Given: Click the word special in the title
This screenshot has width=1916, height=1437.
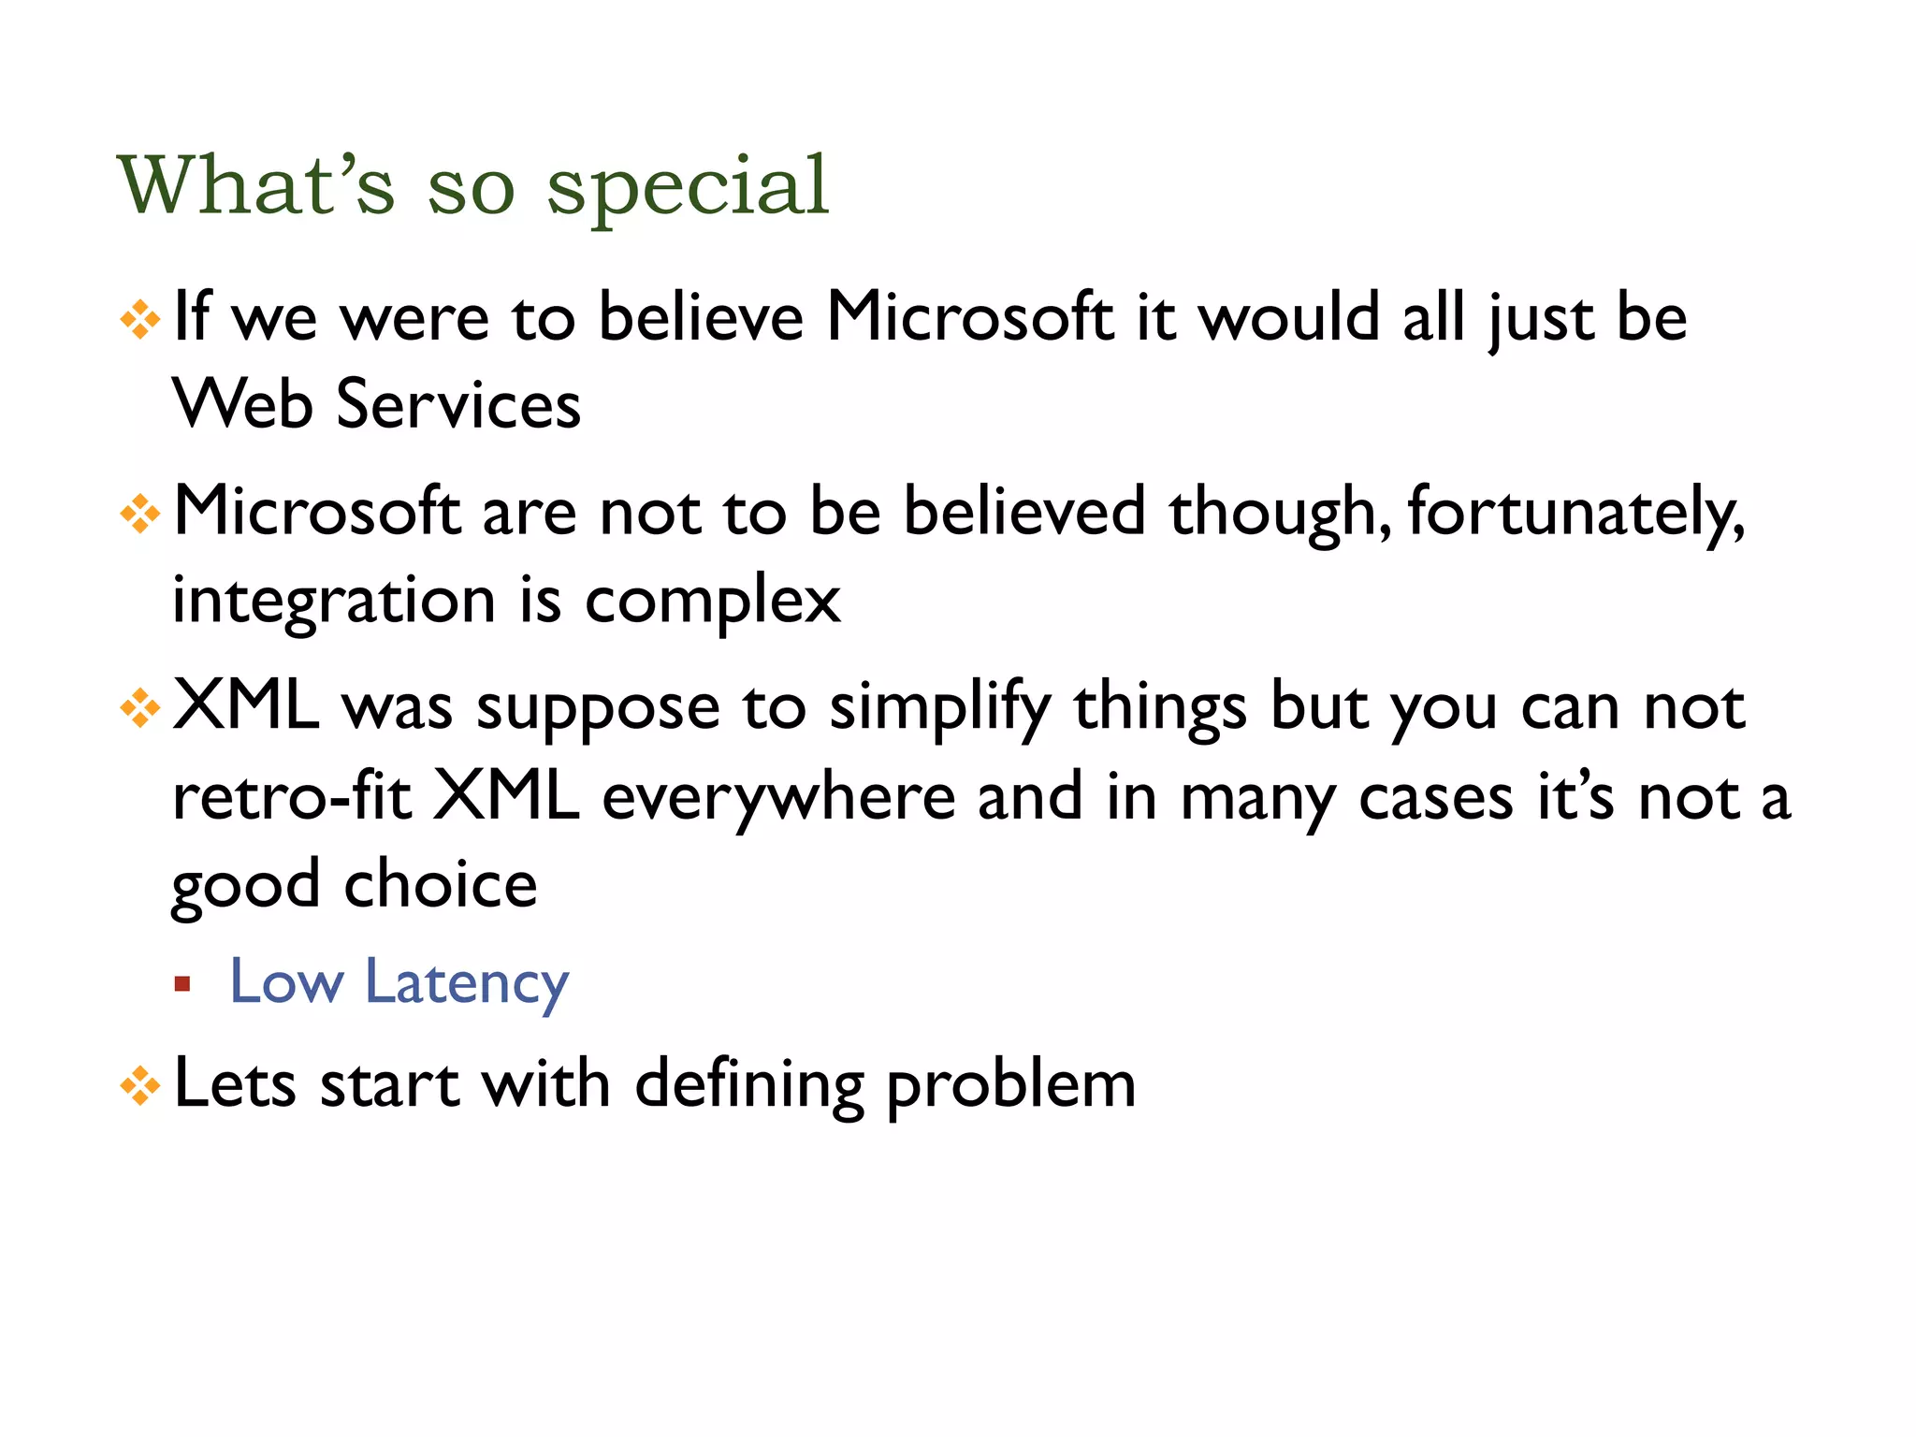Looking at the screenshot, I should [x=688, y=187].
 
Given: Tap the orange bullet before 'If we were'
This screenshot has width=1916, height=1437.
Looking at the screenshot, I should [x=140, y=320].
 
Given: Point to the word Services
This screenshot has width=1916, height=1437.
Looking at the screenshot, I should [x=458, y=404].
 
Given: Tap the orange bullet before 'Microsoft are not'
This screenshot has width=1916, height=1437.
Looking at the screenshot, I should [x=140, y=514].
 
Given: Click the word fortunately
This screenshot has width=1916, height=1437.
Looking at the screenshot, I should [x=1575, y=514].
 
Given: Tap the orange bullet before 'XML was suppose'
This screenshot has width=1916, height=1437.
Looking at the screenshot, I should [x=140, y=708].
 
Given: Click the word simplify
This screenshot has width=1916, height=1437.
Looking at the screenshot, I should [x=939, y=708].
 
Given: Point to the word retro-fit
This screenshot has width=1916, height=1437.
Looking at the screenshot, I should [x=292, y=797].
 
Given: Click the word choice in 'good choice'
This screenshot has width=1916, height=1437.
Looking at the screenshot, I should [x=441, y=884].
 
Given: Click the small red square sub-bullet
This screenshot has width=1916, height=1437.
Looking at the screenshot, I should [x=182, y=984].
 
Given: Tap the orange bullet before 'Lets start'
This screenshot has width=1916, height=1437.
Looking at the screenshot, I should [x=140, y=1086].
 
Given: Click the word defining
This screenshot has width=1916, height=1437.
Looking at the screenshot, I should [x=749, y=1086].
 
